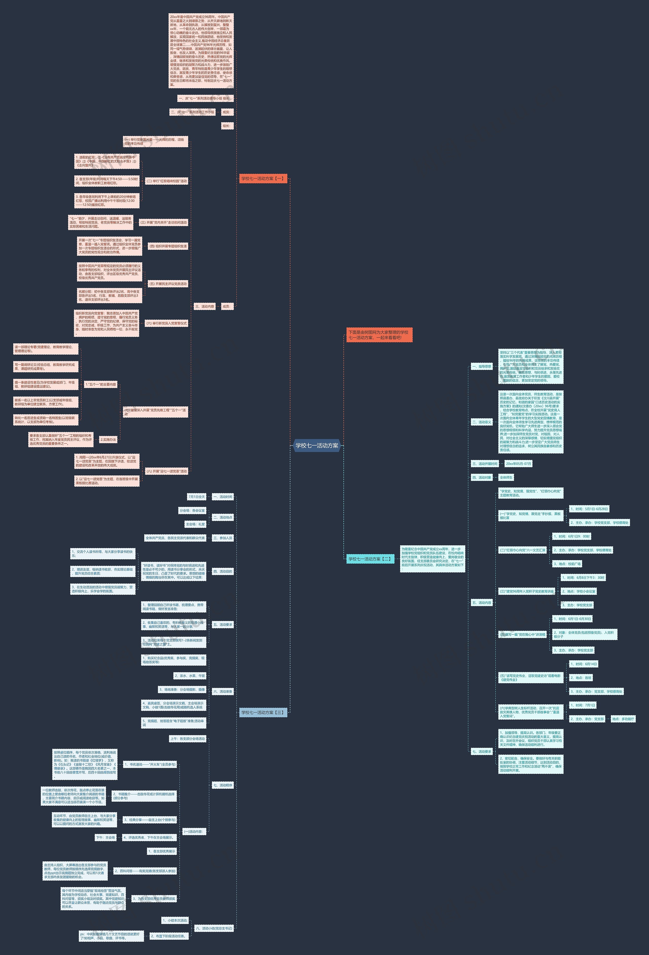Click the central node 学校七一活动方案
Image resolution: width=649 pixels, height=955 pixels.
[317, 445]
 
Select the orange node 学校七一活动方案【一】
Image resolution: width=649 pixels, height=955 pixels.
[263, 178]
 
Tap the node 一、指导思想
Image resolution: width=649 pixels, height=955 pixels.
[481, 366]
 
